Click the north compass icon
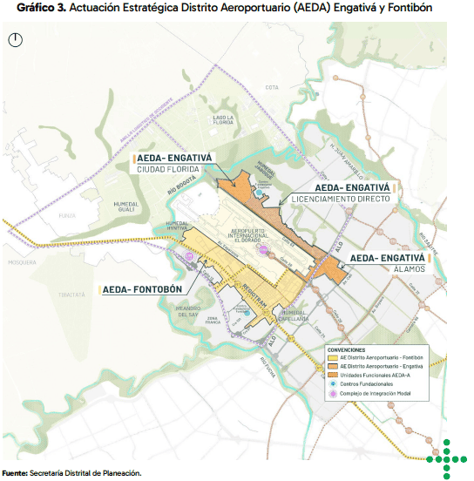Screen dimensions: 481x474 [18, 39]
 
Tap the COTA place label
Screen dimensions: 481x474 [271, 87]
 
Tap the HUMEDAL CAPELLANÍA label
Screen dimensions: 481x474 [296, 316]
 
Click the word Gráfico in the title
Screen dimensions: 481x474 [26, 8]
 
